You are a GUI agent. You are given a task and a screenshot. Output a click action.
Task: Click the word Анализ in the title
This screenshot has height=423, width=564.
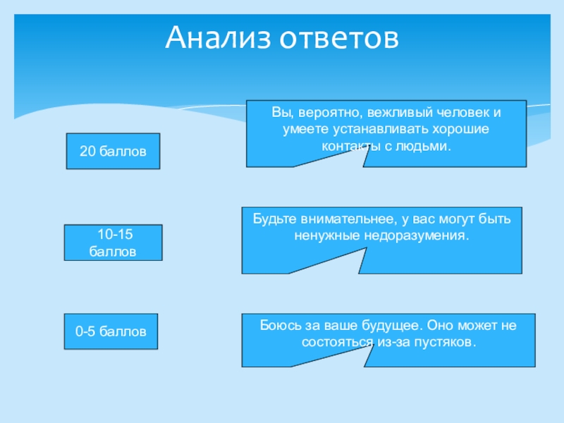[x=216, y=38]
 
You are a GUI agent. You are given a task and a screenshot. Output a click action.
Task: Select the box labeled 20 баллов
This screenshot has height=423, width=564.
[x=113, y=151]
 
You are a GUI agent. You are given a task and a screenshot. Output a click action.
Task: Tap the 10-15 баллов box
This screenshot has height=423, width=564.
[x=113, y=243]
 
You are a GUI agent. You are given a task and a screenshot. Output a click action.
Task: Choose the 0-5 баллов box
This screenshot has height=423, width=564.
[x=111, y=331]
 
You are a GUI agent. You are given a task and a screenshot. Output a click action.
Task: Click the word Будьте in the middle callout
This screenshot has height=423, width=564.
[x=274, y=219]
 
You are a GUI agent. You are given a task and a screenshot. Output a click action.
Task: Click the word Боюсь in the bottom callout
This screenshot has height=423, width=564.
[x=277, y=326]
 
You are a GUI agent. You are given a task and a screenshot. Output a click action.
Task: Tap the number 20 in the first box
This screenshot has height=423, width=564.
[x=87, y=151]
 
